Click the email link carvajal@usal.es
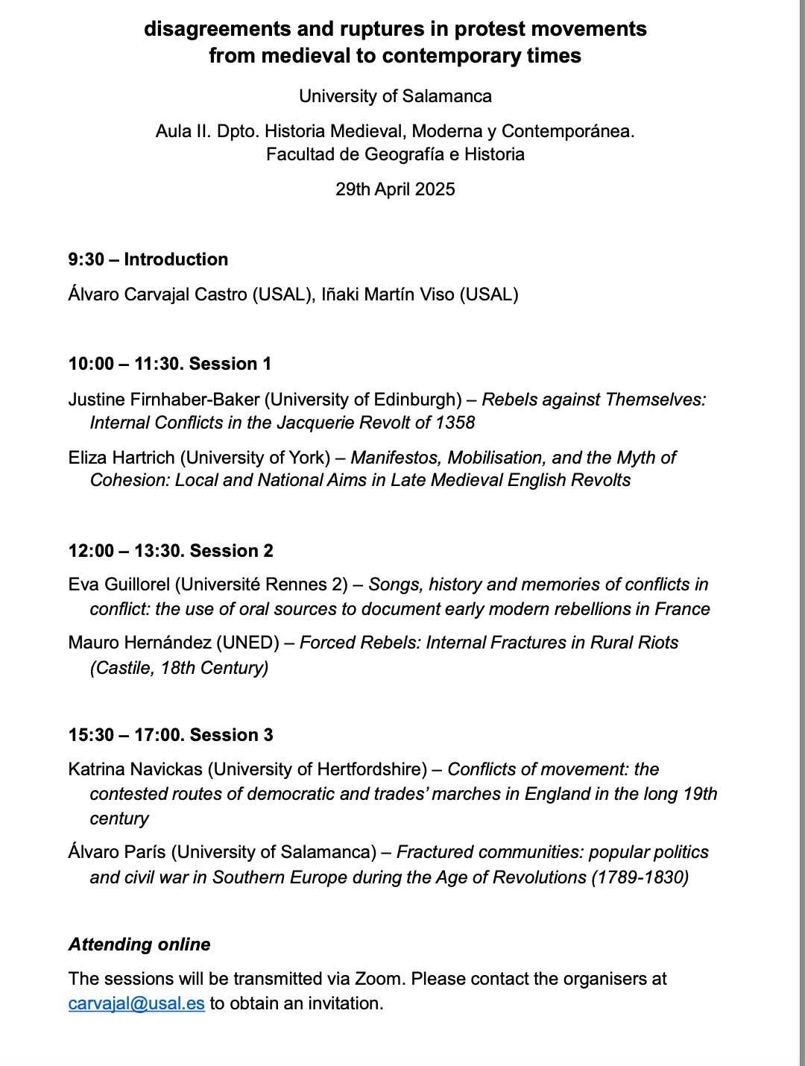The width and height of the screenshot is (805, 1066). click(x=136, y=1003)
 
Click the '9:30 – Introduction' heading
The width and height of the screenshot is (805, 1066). click(x=148, y=259)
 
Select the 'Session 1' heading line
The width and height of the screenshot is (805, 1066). click(x=170, y=364)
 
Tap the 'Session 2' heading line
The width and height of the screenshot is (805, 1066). click(x=171, y=551)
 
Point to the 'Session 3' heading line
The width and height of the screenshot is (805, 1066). click(x=171, y=735)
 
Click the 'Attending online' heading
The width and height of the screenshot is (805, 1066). click(x=139, y=944)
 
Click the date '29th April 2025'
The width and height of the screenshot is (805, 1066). click(x=395, y=189)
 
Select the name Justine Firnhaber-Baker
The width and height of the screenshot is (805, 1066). click(x=163, y=400)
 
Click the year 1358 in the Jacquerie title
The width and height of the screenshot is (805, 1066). click(x=455, y=423)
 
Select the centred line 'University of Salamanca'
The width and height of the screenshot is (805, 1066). click(x=395, y=96)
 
